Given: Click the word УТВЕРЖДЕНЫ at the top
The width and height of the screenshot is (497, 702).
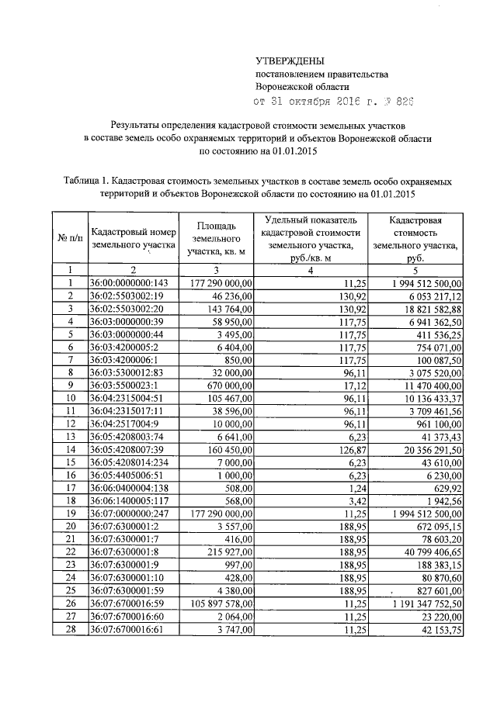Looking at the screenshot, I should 290,61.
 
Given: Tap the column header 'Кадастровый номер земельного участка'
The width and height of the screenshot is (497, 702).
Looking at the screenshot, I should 133,237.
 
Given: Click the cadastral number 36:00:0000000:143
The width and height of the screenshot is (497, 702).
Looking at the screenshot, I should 130,284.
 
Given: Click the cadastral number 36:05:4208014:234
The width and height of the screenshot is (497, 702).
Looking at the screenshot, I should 130,462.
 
